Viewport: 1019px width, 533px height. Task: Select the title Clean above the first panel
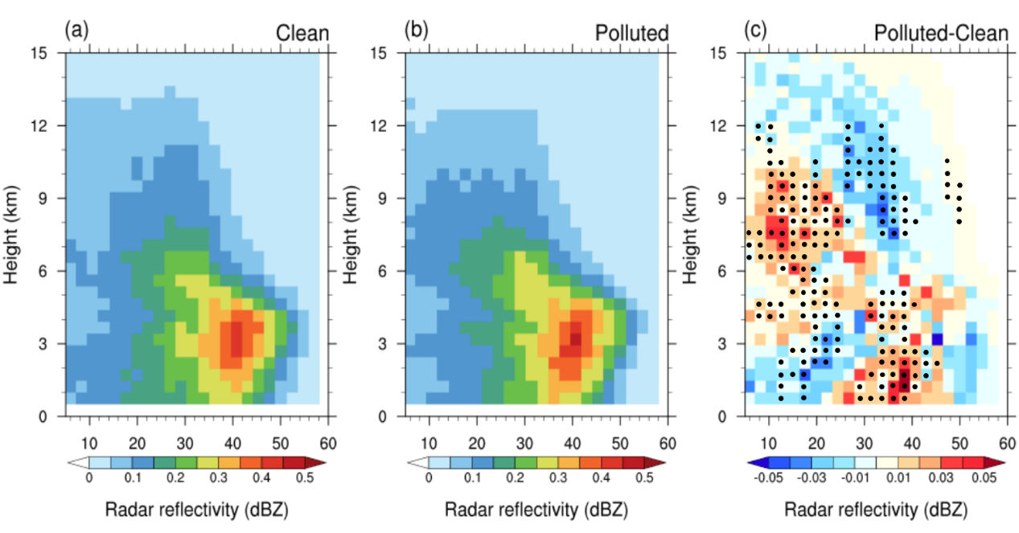(302, 33)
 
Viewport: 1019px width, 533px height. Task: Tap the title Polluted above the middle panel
(632, 33)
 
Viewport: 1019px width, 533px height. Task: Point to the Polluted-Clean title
(940, 33)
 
